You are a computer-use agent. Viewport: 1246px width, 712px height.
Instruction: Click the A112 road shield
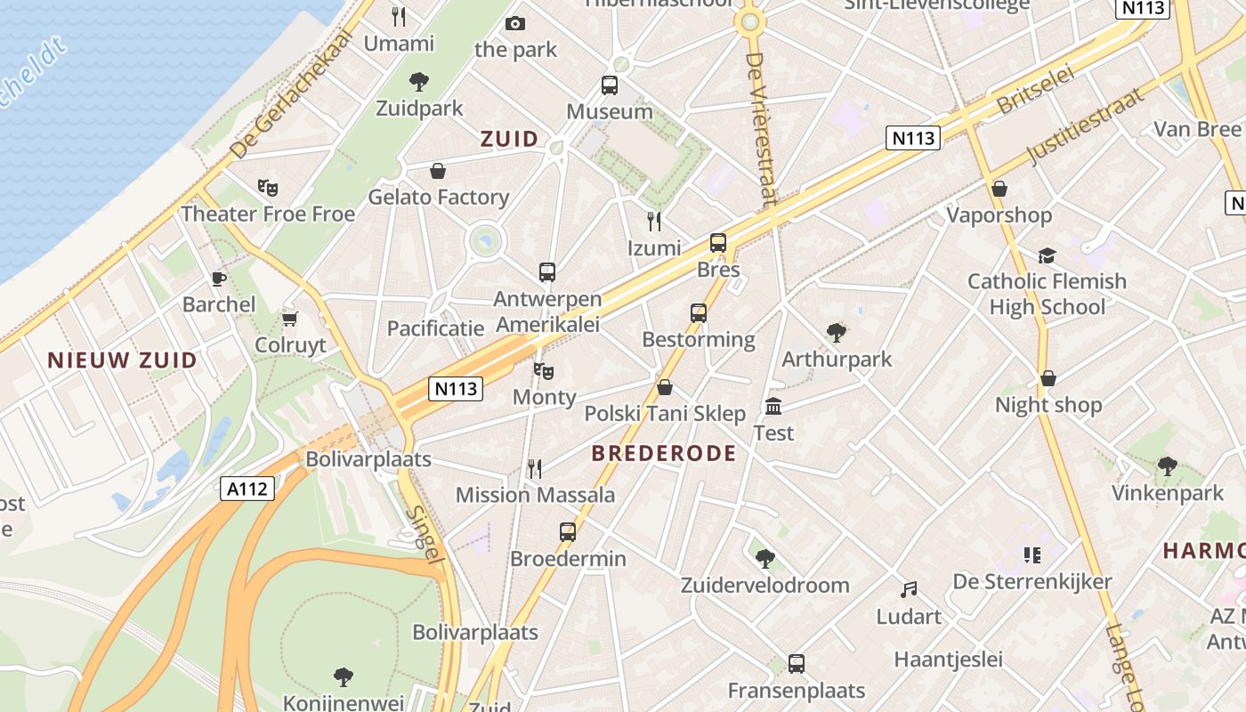tap(248, 488)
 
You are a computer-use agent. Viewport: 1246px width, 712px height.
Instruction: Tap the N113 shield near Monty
tap(456, 388)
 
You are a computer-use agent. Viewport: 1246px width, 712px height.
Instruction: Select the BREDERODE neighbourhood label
tap(664, 453)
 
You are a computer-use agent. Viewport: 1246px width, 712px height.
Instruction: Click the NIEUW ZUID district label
tap(122, 360)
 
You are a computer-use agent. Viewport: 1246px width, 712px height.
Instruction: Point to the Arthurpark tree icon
tap(836, 334)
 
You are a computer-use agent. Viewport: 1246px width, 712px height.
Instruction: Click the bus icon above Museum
tap(610, 85)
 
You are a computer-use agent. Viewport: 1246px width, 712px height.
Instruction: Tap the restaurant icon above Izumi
tap(654, 222)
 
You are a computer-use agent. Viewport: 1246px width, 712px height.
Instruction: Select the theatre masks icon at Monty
tap(543, 371)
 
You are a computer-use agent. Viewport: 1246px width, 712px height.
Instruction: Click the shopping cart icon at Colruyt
tap(289, 319)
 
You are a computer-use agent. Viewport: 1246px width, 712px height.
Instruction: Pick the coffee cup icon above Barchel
tap(218, 279)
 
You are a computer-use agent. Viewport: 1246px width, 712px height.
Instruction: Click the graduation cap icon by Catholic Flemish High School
tap(1047, 256)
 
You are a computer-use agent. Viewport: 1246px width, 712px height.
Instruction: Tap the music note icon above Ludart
tap(908, 590)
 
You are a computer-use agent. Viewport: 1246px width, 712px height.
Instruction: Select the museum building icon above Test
tap(773, 407)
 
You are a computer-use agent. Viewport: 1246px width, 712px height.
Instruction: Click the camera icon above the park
tap(514, 24)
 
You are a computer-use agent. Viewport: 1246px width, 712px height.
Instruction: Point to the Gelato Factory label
tap(439, 197)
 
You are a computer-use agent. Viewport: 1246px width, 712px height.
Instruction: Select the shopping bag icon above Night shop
tap(1048, 379)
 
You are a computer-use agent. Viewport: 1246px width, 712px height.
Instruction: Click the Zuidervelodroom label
tap(765, 585)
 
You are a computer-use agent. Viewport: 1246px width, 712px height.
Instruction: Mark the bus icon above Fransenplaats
tap(797, 663)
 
